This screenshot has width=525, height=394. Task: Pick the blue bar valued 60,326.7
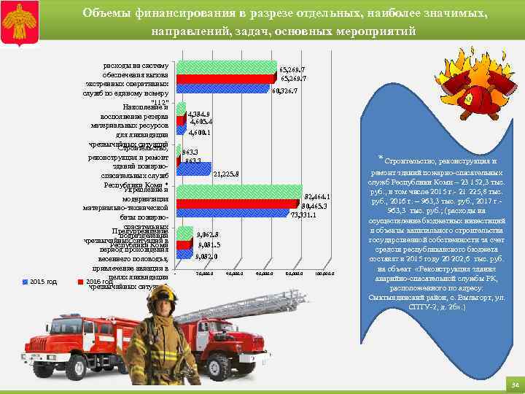coord(223,90)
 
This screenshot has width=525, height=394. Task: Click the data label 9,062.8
coord(208,235)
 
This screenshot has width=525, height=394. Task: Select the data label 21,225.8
coord(227,174)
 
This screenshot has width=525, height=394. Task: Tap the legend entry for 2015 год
coord(42,281)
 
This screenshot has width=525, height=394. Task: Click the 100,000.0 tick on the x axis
coord(323,274)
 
